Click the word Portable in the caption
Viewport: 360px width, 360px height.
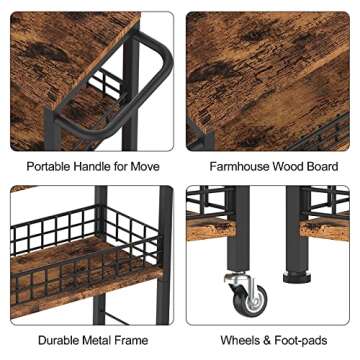(x=48, y=166)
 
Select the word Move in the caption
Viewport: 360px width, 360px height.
(x=145, y=166)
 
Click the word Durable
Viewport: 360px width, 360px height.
(x=59, y=340)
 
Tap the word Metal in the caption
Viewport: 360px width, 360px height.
(x=98, y=340)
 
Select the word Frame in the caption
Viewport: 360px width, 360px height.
(x=132, y=340)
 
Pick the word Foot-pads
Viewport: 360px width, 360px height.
(x=301, y=340)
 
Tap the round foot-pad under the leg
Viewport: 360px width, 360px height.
(x=297, y=277)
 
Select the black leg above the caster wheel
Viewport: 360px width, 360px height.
(x=238, y=229)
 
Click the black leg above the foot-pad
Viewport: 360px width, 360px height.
(x=297, y=229)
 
